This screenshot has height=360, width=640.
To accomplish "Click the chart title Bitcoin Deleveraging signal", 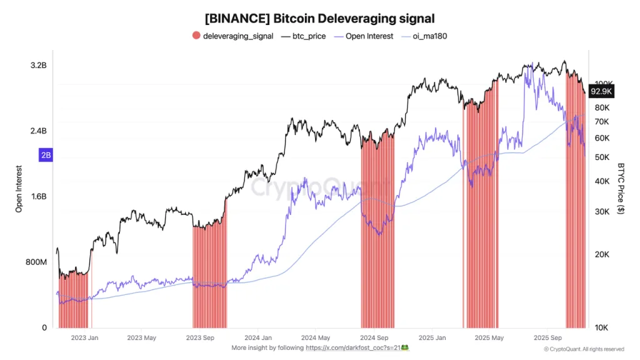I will tap(319, 19).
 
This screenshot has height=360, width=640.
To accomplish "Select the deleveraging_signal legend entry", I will tap(237, 36).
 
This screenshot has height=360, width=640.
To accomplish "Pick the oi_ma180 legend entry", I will tap(429, 36).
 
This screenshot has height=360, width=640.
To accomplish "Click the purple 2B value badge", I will tap(46, 156).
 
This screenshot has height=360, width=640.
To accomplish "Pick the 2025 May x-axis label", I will tap(489, 338).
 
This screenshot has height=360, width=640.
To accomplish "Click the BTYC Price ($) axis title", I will tap(621, 188).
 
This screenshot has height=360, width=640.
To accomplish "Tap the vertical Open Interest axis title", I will tap(19, 189).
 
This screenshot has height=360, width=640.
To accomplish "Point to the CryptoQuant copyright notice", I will tap(583, 349).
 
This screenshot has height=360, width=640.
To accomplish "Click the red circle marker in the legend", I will tap(196, 36).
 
